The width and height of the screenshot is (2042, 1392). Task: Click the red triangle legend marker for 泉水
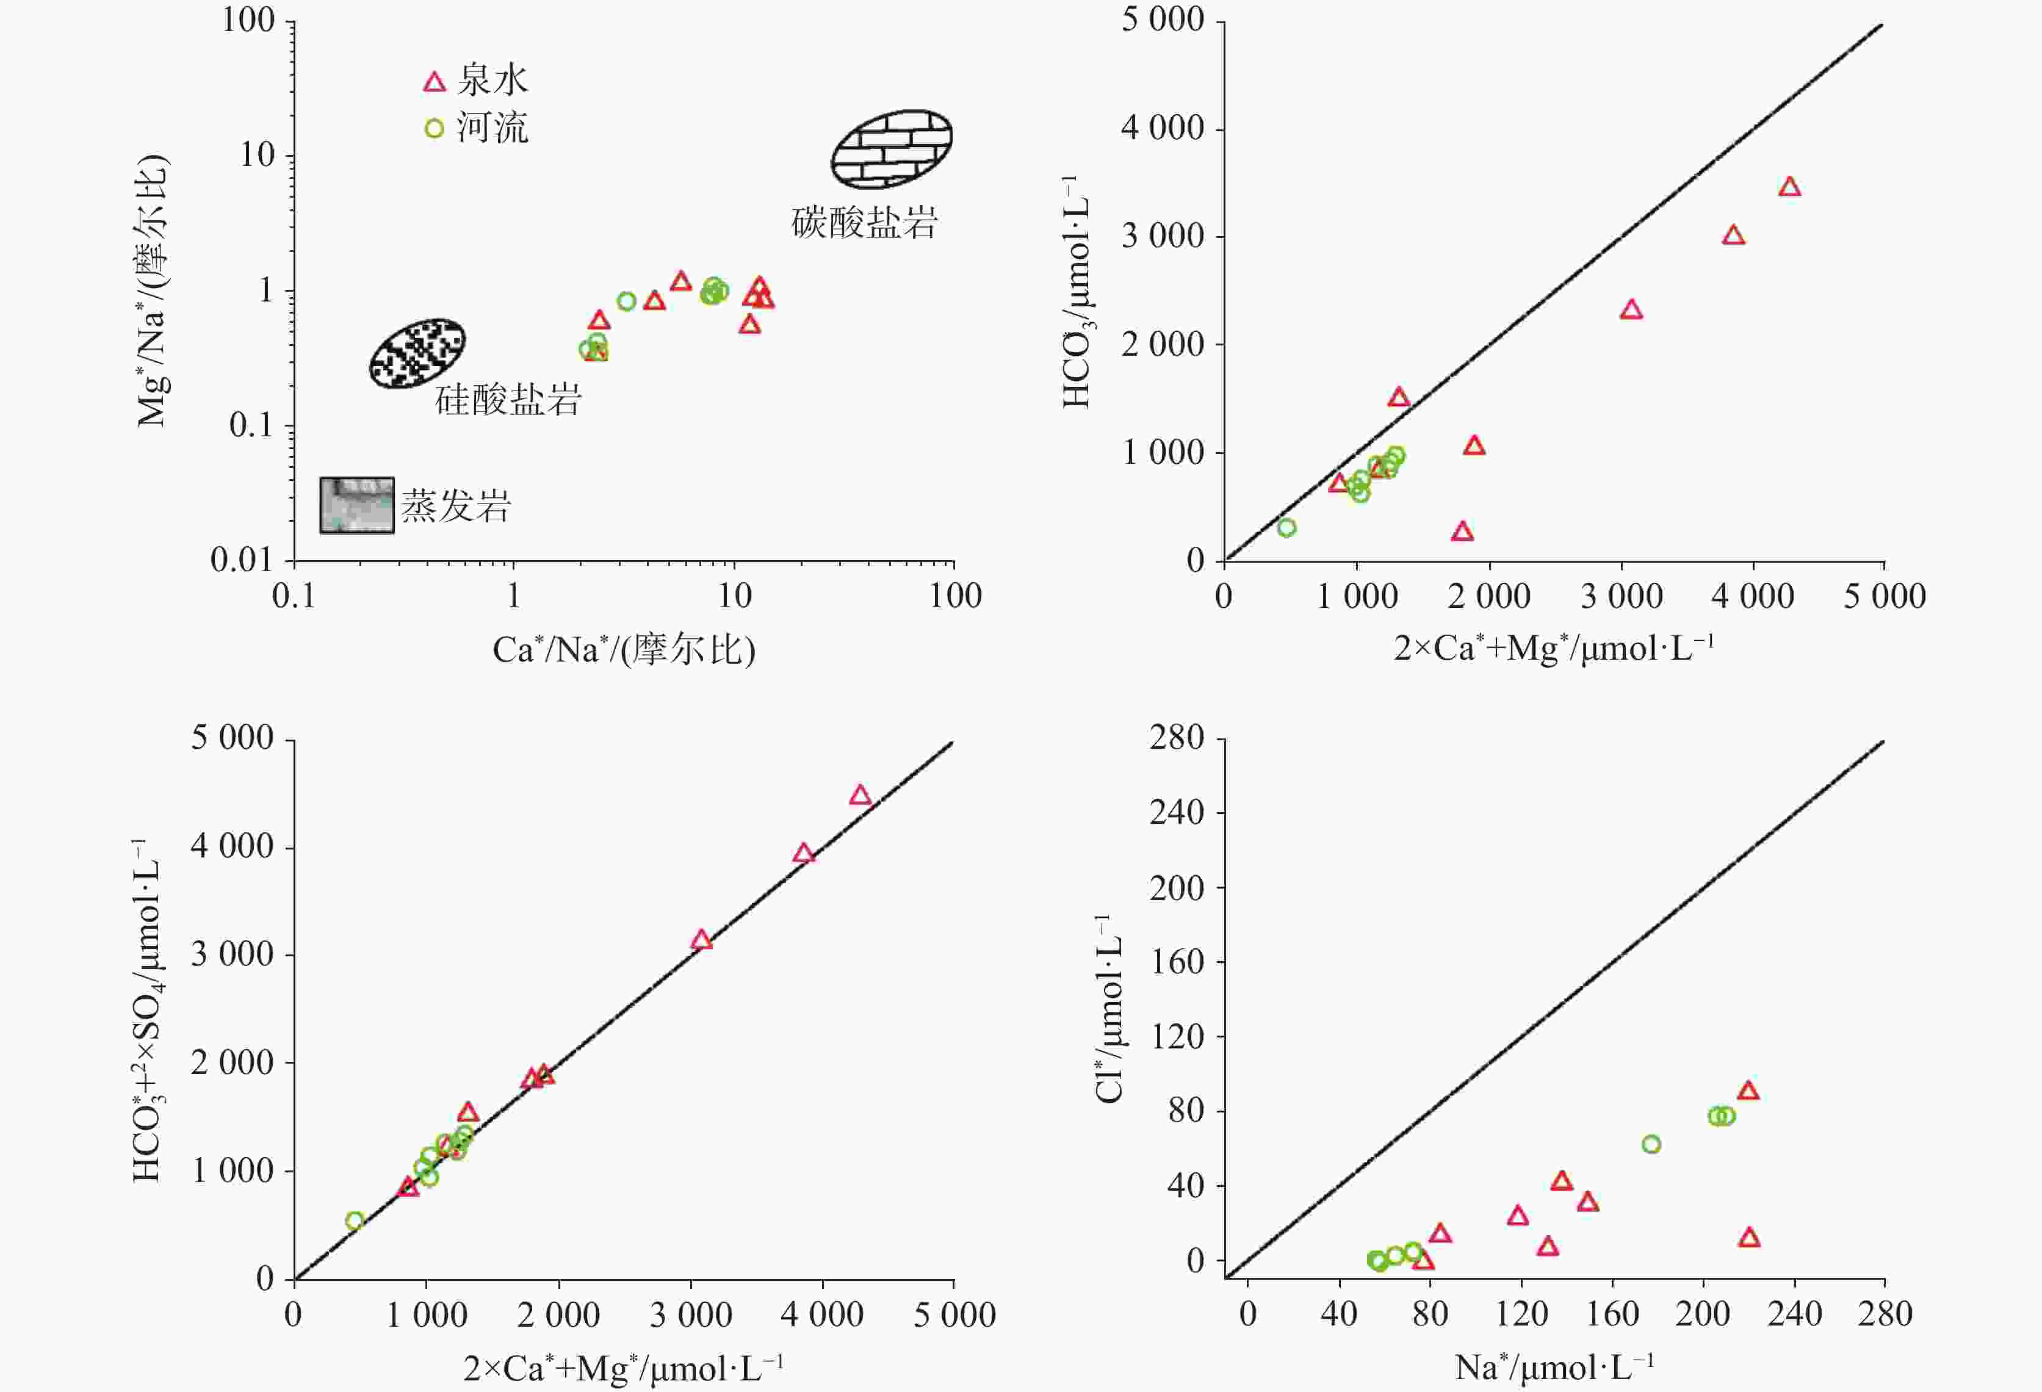coord(434,82)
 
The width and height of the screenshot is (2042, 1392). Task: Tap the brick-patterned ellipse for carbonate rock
coord(892,148)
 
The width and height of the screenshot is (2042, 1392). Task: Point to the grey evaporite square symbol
coord(356,505)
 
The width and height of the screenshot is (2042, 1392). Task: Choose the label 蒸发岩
coord(455,506)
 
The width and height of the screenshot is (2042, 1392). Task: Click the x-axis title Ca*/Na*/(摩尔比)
coord(624,649)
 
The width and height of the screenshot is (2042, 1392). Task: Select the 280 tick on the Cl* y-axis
coord(1177,738)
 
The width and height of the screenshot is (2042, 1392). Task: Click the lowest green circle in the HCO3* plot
coord(1286,528)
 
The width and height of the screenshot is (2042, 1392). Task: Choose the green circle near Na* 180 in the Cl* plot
coord(1651,1144)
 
